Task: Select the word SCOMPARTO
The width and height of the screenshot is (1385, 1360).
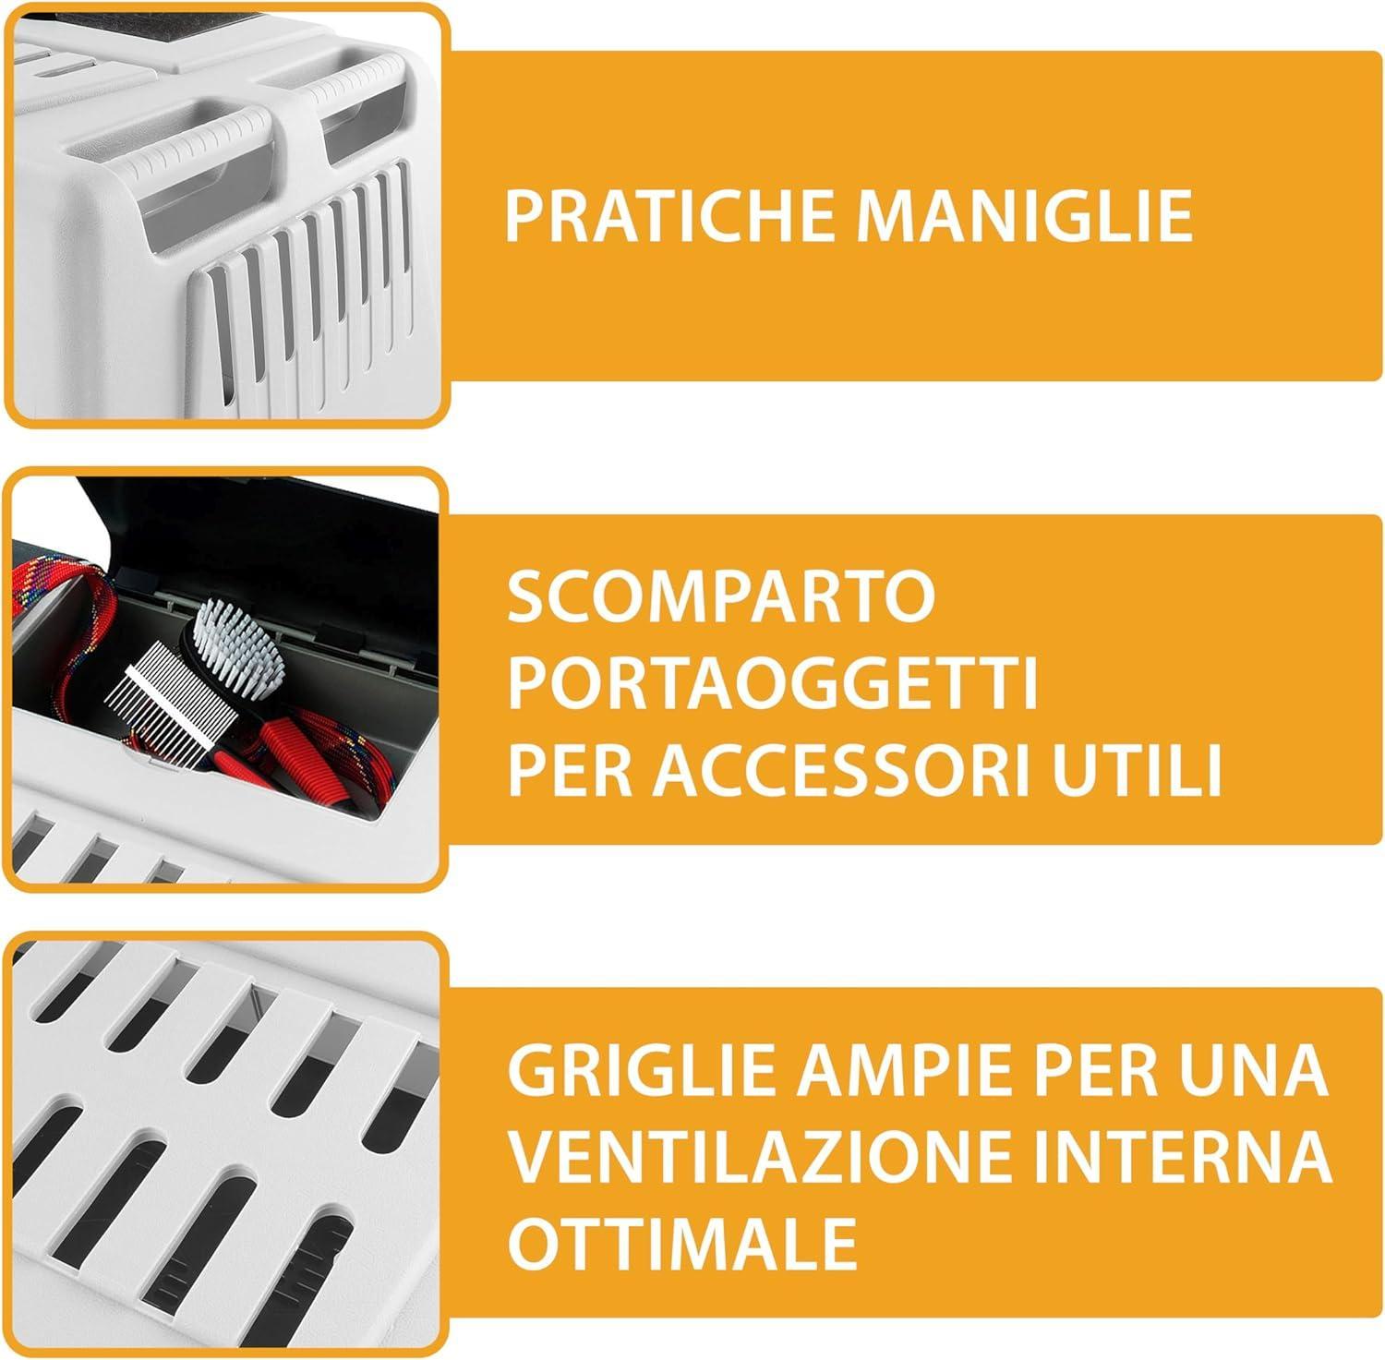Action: tap(721, 597)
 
